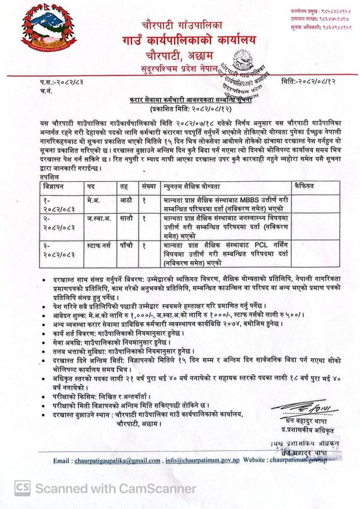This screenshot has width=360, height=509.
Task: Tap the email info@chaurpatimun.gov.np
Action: (204, 460)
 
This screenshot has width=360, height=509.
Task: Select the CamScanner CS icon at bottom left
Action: (22, 488)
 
